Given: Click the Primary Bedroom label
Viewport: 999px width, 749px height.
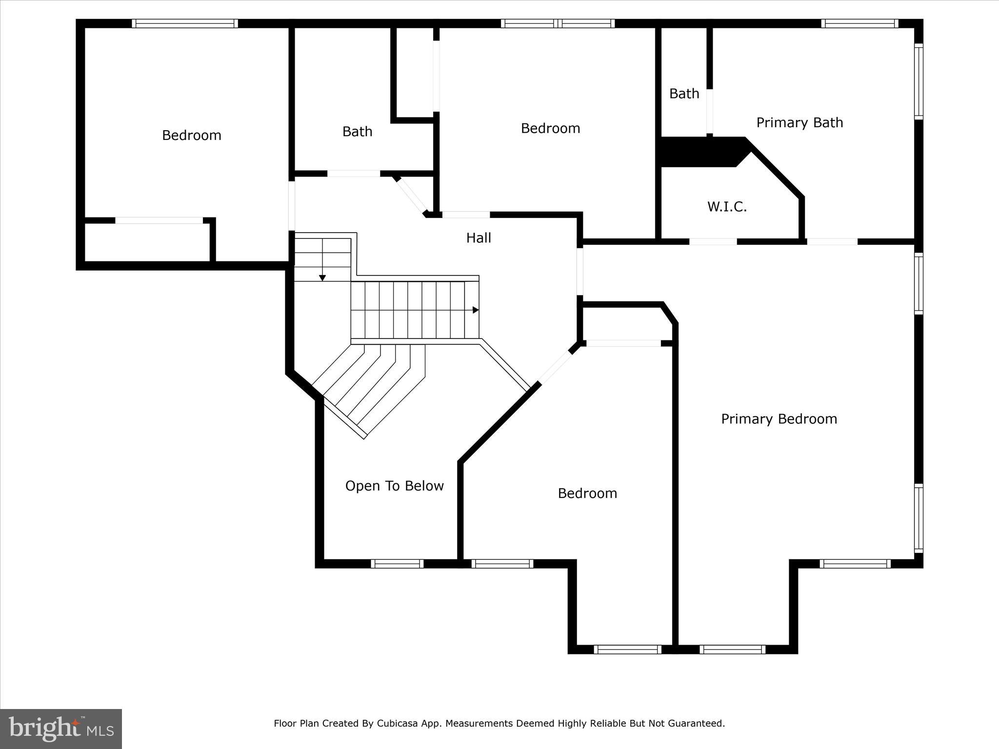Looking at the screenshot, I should [x=779, y=419].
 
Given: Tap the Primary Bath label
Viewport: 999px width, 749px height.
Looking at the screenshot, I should [x=799, y=122].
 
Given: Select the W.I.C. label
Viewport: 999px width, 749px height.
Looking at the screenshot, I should [x=727, y=207].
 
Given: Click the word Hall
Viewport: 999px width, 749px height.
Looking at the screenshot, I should [x=479, y=238].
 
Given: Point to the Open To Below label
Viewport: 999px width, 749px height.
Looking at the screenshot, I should [x=394, y=486].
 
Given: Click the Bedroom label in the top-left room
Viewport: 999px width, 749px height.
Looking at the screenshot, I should [x=191, y=135].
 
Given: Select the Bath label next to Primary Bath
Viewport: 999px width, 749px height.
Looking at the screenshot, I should [x=684, y=94].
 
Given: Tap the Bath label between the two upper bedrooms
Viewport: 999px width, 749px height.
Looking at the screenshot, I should [x=357, y=132].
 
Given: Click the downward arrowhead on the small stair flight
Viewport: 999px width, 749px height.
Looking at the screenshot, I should [x=322, y=278].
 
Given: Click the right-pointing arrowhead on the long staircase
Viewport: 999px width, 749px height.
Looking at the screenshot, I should [x=476, y=310].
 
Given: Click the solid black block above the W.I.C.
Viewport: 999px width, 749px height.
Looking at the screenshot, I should [x=698, y=152].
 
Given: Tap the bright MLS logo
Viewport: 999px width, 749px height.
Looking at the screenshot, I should [x=61, y=729].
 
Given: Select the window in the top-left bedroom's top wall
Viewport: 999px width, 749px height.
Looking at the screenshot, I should [x=185, y=23].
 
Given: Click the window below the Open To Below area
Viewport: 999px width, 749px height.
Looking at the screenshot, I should [x=397, y=564].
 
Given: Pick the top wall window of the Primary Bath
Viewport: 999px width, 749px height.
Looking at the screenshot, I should [x=859, y=23].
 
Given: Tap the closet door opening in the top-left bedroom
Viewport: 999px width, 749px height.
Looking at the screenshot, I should [x=159, y=220].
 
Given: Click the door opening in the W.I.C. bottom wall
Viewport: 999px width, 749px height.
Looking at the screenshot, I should [x=713, y=241].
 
